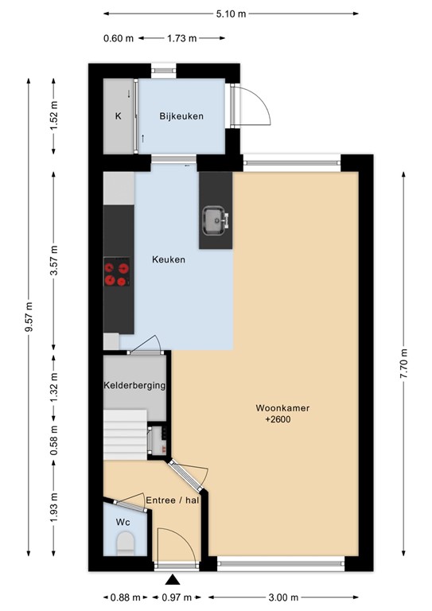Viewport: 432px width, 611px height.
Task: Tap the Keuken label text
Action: coord(169,259)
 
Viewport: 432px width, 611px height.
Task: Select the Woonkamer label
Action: coord(282,408)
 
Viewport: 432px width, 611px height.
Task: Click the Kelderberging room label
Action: coord(134,386)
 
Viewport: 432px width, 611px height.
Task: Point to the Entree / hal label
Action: coord(172,500)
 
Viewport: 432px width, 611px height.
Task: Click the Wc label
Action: coord(123,522)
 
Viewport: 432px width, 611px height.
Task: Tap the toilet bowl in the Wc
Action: coord(126,545)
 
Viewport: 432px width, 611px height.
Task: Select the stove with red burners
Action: coord(117,273)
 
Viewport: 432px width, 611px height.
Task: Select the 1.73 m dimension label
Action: coord(181,37)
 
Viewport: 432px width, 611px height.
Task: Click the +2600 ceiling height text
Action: coord(278,420)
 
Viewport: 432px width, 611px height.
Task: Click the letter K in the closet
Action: coord(118,116)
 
